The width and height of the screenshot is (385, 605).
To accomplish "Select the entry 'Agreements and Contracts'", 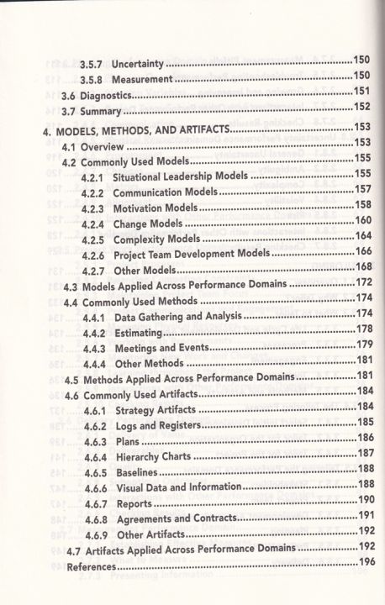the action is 176,518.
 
